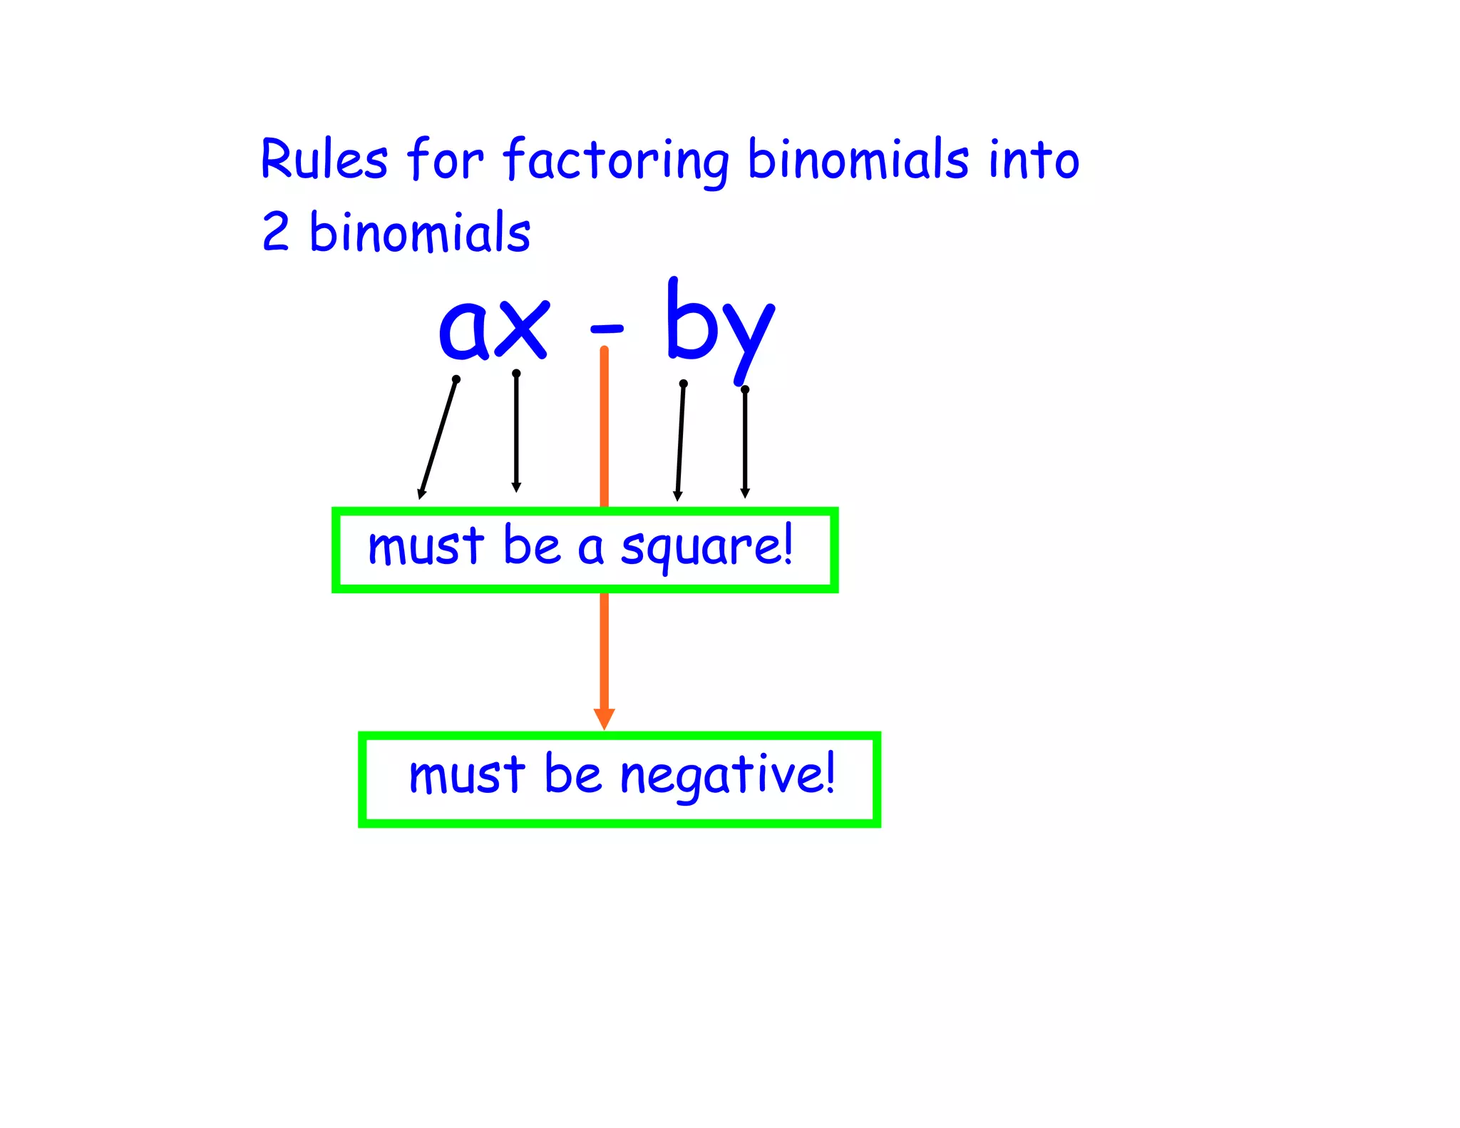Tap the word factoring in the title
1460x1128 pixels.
[617, 160]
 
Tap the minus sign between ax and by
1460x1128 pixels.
[607, 329]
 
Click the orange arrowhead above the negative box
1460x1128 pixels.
[605, 718]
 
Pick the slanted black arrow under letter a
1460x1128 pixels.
[438, 439]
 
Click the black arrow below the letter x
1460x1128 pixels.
[516, 432]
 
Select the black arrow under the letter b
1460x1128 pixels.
[680, 442]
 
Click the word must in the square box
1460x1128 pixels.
[426, 548]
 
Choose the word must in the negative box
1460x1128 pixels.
[467, 776]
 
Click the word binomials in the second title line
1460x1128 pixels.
[420, 232]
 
